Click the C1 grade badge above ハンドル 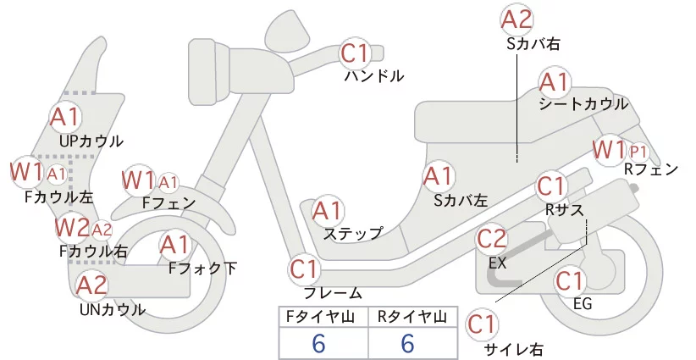click(x=356, y=53)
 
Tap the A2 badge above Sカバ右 click(x=516, y=20)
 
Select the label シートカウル click(x=583, y=104)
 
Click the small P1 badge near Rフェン click(x=638, y=152)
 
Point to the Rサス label click(x=565, y=209)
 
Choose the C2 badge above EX click(x=491, y=240)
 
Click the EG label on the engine click(x=583, y=304)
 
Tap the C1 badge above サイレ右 click(x=483, y=325)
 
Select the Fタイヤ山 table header click(x=320, y=317)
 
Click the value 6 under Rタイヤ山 click(x=407, y=343)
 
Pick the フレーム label click(x=333, y=293)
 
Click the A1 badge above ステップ click(x=327, y=212)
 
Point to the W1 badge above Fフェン click(x=138, y=180)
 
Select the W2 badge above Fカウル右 click(x=71, y=228)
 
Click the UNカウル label click(x=113, y=309)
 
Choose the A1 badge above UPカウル click(x=64, y=117)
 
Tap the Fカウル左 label click(x=59, y=197)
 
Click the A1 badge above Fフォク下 click(x=175, y=246)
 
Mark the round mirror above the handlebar click(x=287, y=29)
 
